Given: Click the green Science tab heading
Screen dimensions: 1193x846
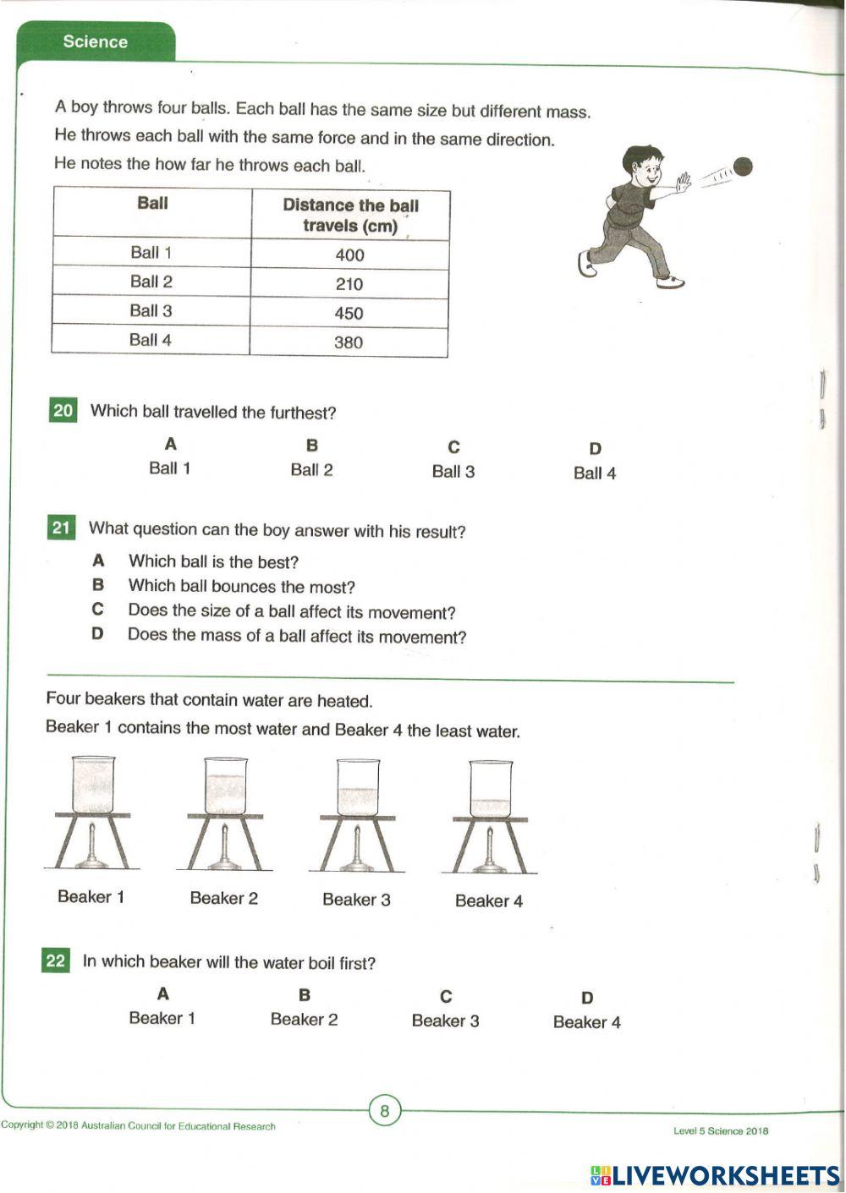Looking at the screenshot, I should pos(95,41).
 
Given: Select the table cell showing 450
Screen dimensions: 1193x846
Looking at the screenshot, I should pos(349,313).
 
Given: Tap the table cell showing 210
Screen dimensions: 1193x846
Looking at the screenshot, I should pos(349,284).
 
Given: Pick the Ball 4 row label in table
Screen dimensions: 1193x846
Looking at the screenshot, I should pos(151,340).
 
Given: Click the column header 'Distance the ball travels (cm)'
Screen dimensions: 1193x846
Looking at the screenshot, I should pos(350,216).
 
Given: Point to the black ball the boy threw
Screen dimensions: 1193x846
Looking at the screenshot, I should pos(742,167).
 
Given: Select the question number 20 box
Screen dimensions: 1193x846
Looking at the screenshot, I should pos(63,411).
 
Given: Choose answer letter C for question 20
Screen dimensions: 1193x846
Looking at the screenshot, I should pos(453,447).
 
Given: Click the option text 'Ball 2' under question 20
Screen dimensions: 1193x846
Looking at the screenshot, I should pos(311,470).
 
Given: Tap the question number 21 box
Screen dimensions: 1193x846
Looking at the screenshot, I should pos(61,528).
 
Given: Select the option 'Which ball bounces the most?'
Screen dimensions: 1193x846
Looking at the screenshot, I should pos(241,586).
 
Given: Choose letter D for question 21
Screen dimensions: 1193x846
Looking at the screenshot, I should pos(98,634).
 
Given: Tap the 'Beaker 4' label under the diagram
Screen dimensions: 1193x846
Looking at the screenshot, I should pos(488,901).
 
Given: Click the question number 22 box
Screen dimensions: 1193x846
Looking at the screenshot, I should pos(56,960).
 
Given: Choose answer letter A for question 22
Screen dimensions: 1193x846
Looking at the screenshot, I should pos(162,994).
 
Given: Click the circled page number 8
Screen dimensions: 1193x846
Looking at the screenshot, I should pos(385,1110).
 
